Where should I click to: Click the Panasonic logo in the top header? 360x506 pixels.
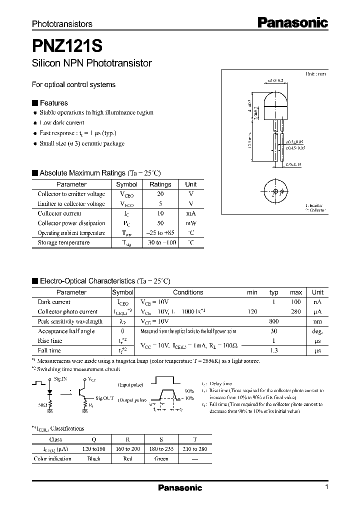point(292,22)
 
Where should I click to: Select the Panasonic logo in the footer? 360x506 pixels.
point(180,488)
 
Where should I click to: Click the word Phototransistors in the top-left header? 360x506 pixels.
point(62,24)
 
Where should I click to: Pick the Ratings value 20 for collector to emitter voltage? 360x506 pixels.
point(160,194)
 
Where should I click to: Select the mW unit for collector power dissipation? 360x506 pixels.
point(190,223)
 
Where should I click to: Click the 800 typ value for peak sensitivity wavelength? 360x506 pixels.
point(273,321)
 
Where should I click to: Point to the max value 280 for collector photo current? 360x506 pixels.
point(295,311)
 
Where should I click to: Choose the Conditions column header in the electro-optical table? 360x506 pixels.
point(188,292)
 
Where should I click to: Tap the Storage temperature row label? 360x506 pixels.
point(63,242)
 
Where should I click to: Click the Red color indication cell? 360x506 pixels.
point(128,459)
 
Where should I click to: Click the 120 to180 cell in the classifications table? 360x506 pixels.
point(93,449)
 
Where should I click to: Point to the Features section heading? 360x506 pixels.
point(53,103)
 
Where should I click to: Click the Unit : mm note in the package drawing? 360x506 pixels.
point(315,73)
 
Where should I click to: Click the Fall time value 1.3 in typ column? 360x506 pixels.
point(273,350)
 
